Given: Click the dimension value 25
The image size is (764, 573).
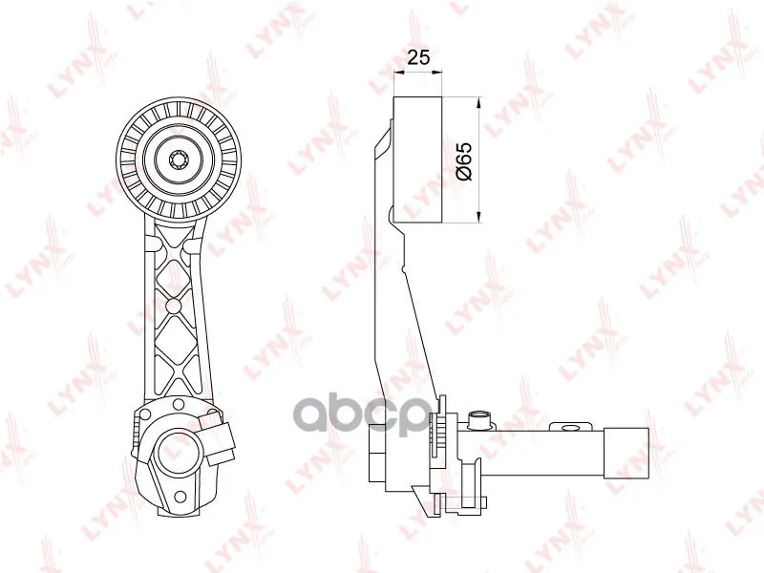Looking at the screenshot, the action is pos(418,57).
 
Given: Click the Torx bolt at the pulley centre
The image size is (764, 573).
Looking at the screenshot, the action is pos(178,159).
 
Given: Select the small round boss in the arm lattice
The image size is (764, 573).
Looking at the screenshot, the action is pos(173,306).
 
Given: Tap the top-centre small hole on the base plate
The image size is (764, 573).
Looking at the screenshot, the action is pos(179,404).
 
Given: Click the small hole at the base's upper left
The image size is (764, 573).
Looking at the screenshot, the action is pos(144,414).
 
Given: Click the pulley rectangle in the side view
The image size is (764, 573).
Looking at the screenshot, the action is pos(417,159).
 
